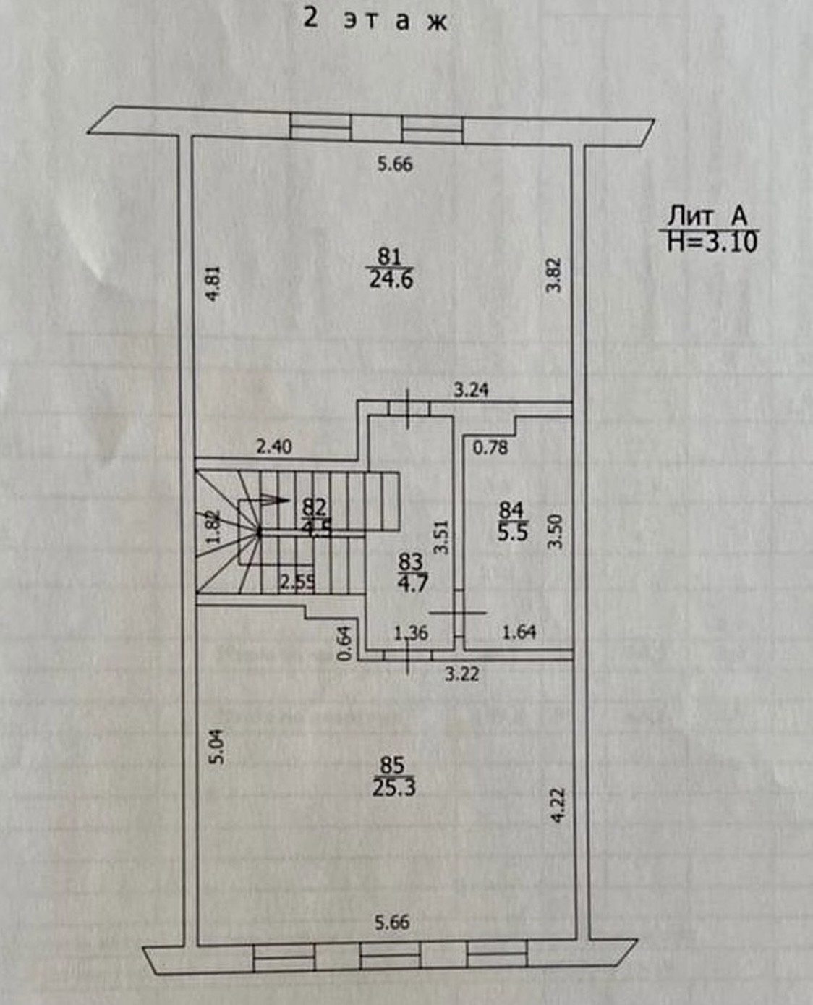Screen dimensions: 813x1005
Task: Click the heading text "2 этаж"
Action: pyautogui.click(x=375, y=20)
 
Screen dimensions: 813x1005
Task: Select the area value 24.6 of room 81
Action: pyautogui.click(x=391, y=279)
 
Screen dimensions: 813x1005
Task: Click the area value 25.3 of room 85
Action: pyautogui.click(x=393, y=787)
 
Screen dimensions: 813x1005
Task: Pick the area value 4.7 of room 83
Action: pyautogui.click(x=412, y=582)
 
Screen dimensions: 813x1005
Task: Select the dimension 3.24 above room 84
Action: pyautogui.click(x=471, y=390)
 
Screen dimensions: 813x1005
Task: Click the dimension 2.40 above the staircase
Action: pyautogui.click(x=274, y=447)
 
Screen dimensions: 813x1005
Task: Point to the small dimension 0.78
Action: pyautogui.click(x=490, y=448)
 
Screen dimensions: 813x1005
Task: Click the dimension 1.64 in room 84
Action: pyautogui.click(x=519, y=632)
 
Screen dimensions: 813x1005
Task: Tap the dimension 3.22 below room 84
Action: pyautogui.click(x=461, y=674)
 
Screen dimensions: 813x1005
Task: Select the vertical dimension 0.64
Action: pyautogui.click(x=345, y=642)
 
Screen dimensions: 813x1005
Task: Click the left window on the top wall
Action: pyautogui.click(x=320, y=126)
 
